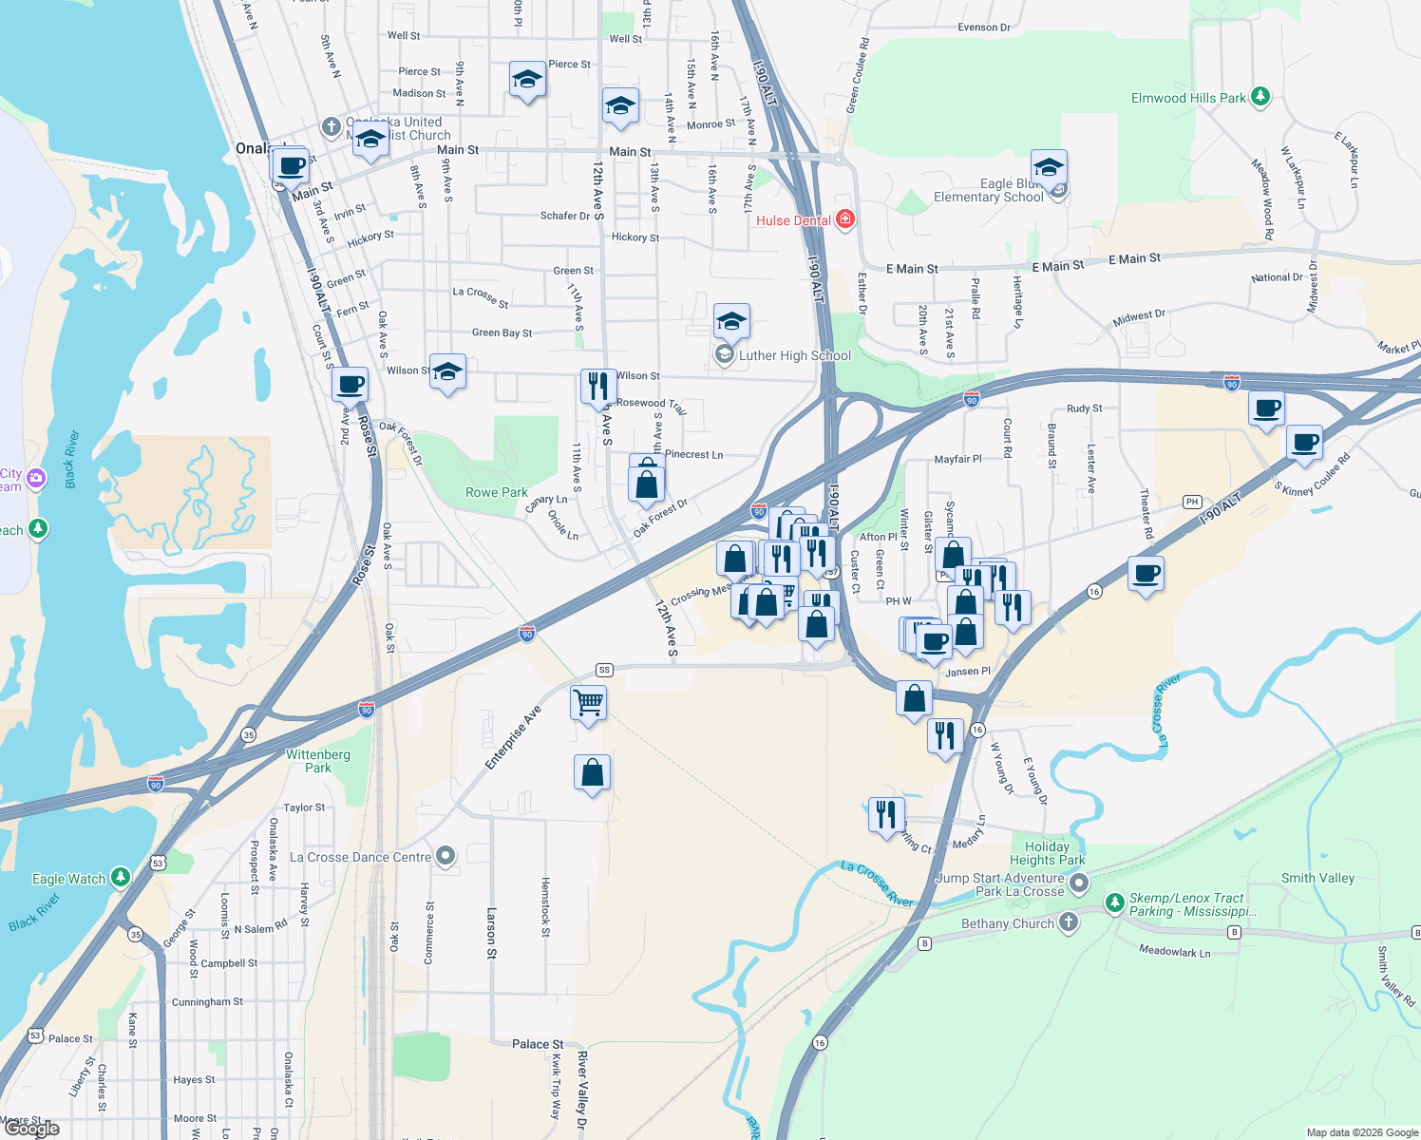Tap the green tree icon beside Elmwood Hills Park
pyautogui.click(x=1260, y=97)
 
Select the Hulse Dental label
pyautogui.click(x=793, y=220)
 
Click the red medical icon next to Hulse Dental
pyautogui.click(x=844, y=219)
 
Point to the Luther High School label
pyautogui.click(x=795, y=355)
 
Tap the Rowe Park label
pyautogui.click(x=496, y=492)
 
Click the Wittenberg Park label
pyautogui.click(x=318, y=761)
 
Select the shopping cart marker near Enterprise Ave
pyautogui.click(x=589, y=703)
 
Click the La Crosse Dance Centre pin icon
pyautogui.click(x=445, y=856)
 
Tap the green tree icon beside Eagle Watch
pyautogui.click(x=121, y=878)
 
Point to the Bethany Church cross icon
pyautogui.click(x=1069, y=922)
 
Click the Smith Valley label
pyautogui.click(x=1317, y=878)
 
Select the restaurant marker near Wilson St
pyautogui.click(x=598, y=387)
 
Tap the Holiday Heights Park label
pyautogui.click(x=1047, y=853)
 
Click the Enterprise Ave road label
pyautogui.click(x=513, y=737)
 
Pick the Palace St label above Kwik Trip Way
pyautogui.click(x=538, y=1044)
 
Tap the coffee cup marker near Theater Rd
pyautogui.click(x=1146, y=574)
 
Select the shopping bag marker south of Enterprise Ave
pyautogui.click(x=592, y=773)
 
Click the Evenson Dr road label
pyautogui.click(x=984, y=28)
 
